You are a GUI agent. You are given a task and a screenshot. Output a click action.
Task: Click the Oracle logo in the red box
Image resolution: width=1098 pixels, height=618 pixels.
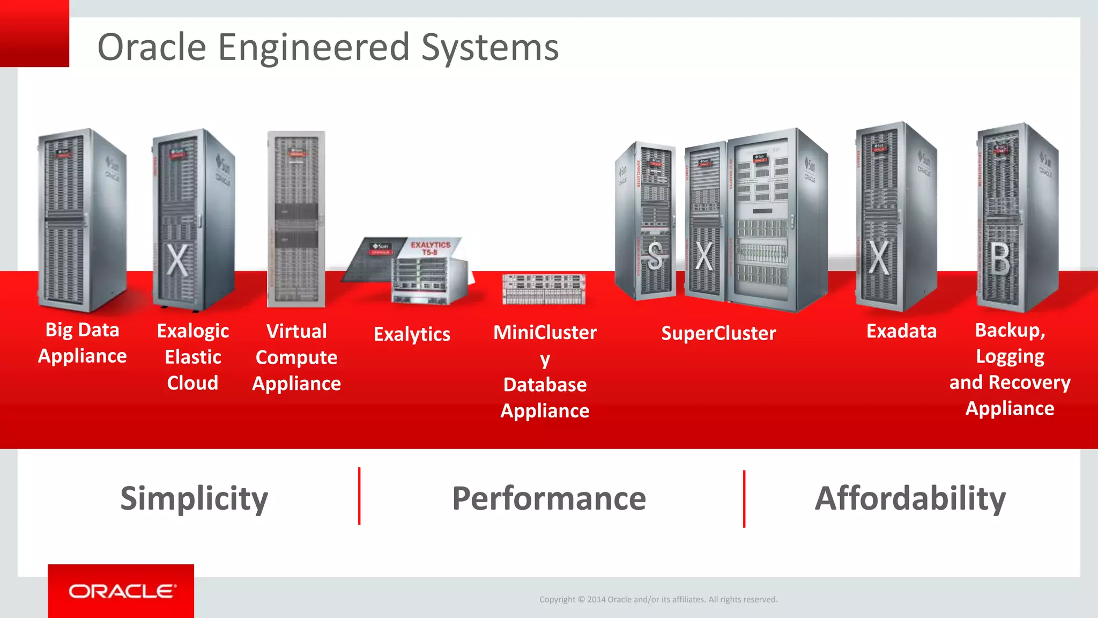pos(122,591)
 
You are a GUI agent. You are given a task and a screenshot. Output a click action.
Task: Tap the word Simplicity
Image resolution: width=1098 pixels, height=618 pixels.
pos(194,498)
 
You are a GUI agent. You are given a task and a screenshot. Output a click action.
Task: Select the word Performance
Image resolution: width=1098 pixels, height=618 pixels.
pos(549,498)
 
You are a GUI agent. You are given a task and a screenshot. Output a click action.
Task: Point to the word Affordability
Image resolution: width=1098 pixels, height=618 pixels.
pos(910,498)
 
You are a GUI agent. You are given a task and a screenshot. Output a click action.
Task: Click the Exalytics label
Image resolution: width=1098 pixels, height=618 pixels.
pos(412,334)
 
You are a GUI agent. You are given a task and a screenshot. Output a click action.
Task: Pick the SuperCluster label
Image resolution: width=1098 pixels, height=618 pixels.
pos(718,333)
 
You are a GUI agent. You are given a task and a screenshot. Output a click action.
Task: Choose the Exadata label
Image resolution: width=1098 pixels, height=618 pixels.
pos(901,331)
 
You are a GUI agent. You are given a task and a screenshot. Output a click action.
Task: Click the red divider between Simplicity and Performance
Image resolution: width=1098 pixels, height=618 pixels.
pos(359,496)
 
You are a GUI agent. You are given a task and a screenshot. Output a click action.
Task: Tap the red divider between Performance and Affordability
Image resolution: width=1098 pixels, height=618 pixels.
pos(744,498)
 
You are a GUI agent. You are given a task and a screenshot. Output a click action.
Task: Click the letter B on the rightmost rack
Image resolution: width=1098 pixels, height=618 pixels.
pos(999,259)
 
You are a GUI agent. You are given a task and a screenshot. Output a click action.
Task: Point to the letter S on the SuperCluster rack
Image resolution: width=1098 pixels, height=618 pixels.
pos(655,256)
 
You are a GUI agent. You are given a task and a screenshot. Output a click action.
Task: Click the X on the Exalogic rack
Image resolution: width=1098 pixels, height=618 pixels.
pos(177,260)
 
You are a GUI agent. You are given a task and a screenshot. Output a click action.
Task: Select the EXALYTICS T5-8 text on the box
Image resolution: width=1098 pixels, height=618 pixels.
pos(430,248)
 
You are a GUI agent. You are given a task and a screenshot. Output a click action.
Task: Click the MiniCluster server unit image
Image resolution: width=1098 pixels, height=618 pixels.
pos(544,289)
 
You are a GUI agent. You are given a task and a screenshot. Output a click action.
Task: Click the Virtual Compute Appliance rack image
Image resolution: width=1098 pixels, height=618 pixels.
pos(296,219)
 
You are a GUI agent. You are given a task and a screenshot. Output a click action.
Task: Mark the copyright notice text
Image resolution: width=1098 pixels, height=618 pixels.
pos(658,599)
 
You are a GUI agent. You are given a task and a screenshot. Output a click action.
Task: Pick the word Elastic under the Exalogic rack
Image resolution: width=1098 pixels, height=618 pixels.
pos(192,357)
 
